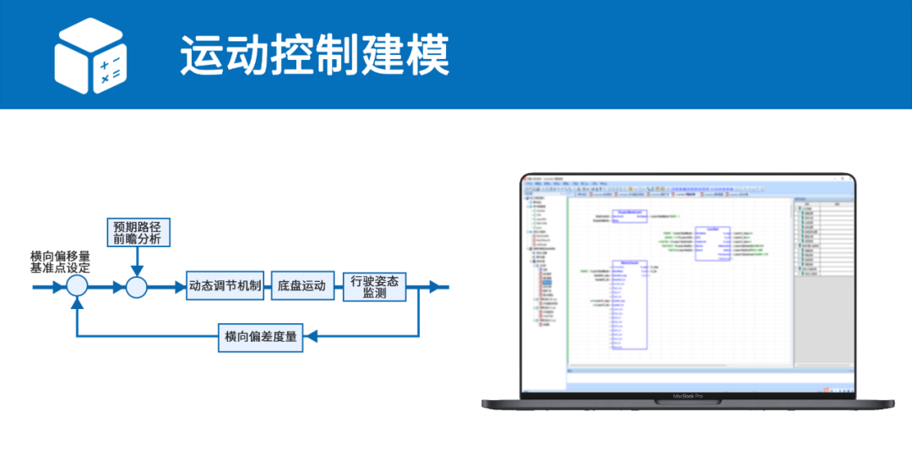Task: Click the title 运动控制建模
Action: point(314,56)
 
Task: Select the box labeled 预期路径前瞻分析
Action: point(138,232)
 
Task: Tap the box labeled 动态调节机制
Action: point(225,286)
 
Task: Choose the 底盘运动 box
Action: point(301,286)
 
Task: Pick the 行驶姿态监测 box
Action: point(374,286)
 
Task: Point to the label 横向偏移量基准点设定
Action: point(60,261)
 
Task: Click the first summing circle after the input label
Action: point(77,286)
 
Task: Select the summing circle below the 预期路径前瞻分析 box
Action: point(137,286)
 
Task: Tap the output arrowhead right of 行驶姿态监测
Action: point(434,286)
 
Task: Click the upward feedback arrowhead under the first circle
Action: point(77,302)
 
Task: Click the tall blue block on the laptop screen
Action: point(629,305)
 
